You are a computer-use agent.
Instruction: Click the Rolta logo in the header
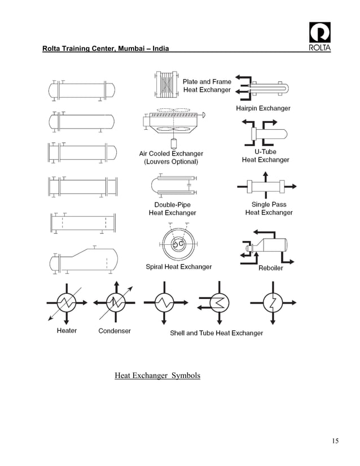click(320, 37)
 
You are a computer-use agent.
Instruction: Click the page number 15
click(335, 441)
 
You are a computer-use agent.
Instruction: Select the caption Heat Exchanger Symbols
click(157, 375)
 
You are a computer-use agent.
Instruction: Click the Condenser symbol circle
click(116, 303)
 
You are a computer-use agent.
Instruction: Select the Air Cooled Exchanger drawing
click(172, 125)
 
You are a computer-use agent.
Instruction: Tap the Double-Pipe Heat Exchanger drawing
click(172, 184)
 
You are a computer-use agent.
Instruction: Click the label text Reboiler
click(270, 268)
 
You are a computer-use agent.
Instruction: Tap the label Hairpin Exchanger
click(263, 108)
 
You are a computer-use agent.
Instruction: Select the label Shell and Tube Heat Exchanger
click(216, 333)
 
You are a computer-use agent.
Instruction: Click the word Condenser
click(115, 331)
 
